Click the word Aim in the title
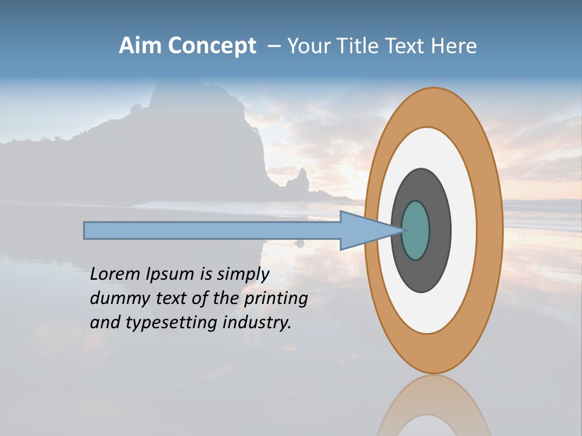coord(141,46)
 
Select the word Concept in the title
coord(212,46)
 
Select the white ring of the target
coord(463,230)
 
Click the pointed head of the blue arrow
coord(364,230)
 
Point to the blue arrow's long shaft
coord(212,230)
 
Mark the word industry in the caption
coord(256,323)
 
